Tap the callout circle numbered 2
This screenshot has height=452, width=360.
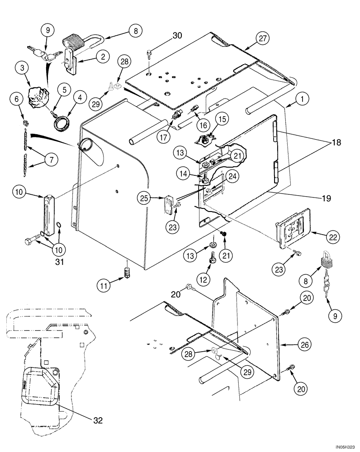pyautogui.click(x=104, y=56)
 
